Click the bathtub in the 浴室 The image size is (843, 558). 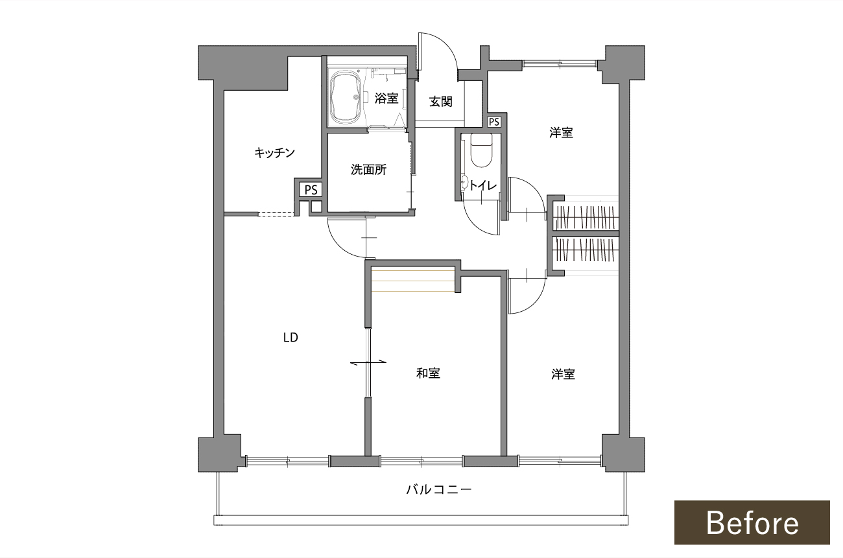pyautogui.click(x=346, y=97)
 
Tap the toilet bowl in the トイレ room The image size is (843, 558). pyautogui.click(x=481, y=151)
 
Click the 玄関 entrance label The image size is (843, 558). pyautogui.click(x=441, y=102)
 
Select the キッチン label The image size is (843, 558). pyautogui.click(x=274, y=153)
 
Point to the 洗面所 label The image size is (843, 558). pyautogui.click(x=368, y=170)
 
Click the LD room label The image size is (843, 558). pyautogui.click(x=291, y=338)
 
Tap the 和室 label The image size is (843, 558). pyautogui.click(x=428, y=373)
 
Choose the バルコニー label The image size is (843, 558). pyautogui.click(x=439, y=489)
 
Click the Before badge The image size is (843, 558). pyautogui.click(x=752, y=522)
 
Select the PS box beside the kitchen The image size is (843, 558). pyautogui.click(x=311, y=190)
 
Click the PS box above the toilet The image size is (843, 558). pyautogui.click(x=493, y=122)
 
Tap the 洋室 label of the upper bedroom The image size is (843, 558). pyautogui.click(x=561, y=133)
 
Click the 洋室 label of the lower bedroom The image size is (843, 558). pyautogui.click(x=563, y=375)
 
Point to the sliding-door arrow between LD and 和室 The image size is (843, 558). pyautogui.click(x=368, y=362)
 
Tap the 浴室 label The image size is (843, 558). pyautogui.click(x=386, y=99)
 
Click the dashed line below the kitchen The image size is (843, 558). pyautogui.click(x=276, y=215)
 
